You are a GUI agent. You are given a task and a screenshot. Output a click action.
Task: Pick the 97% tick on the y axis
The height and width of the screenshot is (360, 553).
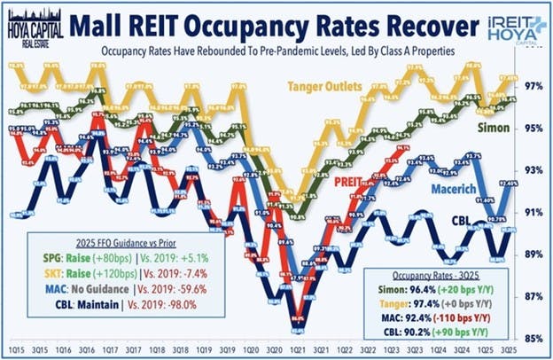pos(534,86)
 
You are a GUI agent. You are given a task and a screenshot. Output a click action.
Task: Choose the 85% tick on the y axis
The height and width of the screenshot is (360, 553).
pos(534,338)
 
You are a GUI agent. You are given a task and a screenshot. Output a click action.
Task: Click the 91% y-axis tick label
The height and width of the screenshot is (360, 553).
pos(534,212)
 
